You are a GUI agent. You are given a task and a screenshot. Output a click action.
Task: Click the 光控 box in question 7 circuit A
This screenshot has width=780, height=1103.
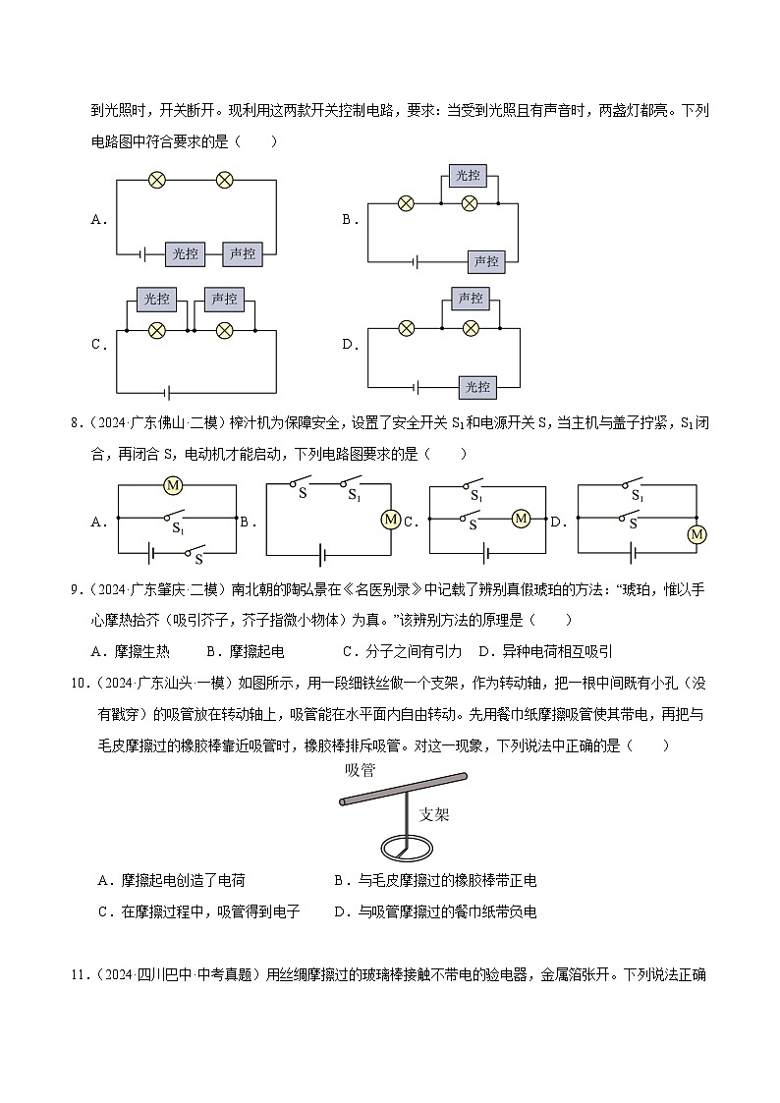click(x=185, y=253)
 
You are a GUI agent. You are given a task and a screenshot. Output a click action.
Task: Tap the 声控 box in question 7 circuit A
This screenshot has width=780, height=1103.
click(x=242, y=253)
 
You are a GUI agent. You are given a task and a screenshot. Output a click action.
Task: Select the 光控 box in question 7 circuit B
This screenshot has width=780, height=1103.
click(x=469, y=175)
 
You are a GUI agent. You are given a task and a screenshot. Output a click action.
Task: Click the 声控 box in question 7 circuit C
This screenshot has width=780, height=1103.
click(x=224, y=299)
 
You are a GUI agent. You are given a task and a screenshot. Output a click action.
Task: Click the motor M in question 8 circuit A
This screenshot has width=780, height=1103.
click(x=173, y=485)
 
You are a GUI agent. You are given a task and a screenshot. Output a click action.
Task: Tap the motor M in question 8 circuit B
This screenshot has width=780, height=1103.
click(x=390, y=520)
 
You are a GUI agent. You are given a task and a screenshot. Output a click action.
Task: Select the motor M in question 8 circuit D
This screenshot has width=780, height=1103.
click(x=696, y=533)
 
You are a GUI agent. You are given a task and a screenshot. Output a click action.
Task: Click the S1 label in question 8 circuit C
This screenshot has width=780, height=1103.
click(x=476, y=498)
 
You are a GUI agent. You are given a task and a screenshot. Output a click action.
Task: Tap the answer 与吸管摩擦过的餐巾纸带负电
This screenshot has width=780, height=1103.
click(x=442, y=911)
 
